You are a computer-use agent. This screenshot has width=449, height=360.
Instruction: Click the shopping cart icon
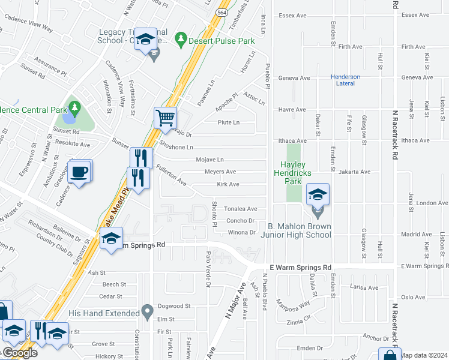165,117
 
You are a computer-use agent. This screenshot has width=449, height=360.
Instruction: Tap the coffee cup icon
80,172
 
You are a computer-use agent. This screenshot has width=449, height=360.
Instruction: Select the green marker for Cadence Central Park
75,109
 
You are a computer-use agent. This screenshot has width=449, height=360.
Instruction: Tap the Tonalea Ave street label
240,209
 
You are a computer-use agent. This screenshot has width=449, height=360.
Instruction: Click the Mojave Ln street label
209,160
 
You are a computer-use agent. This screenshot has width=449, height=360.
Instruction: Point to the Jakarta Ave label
354,172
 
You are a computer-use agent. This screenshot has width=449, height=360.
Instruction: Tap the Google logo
19,353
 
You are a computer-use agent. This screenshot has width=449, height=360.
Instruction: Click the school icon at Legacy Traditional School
144,40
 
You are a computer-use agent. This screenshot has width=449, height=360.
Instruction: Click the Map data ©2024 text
424,355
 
